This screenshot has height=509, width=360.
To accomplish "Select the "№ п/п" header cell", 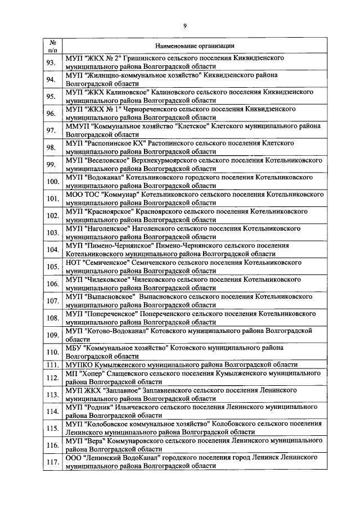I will tap(52, 46).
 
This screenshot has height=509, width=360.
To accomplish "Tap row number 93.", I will tap(51, 62).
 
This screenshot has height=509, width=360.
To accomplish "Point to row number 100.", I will tap(52, 181).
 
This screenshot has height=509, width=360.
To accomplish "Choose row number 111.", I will tap(52, 364).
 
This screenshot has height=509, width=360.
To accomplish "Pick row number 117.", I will tap(52, 462).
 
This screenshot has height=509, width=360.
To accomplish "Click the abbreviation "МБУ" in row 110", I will tap(73, 348).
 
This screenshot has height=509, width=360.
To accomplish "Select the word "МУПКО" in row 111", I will tap(78, 364).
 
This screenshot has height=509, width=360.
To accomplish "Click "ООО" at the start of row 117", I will tap(74, 458).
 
